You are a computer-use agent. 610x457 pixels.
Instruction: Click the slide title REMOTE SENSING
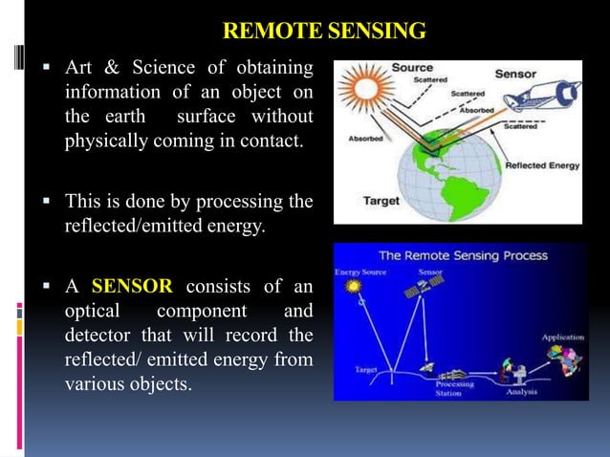coord(323,33)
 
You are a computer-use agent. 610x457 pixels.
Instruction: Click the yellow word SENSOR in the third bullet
coord(132,286)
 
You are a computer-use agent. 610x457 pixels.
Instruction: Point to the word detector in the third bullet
coord(98,337)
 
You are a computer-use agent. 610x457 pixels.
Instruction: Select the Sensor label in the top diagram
coord(541,74)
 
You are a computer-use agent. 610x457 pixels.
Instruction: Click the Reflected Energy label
coord(542,165)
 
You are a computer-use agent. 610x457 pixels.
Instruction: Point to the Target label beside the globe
coord(380,202)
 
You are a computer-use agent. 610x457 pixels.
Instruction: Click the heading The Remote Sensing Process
coord(463,255)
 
